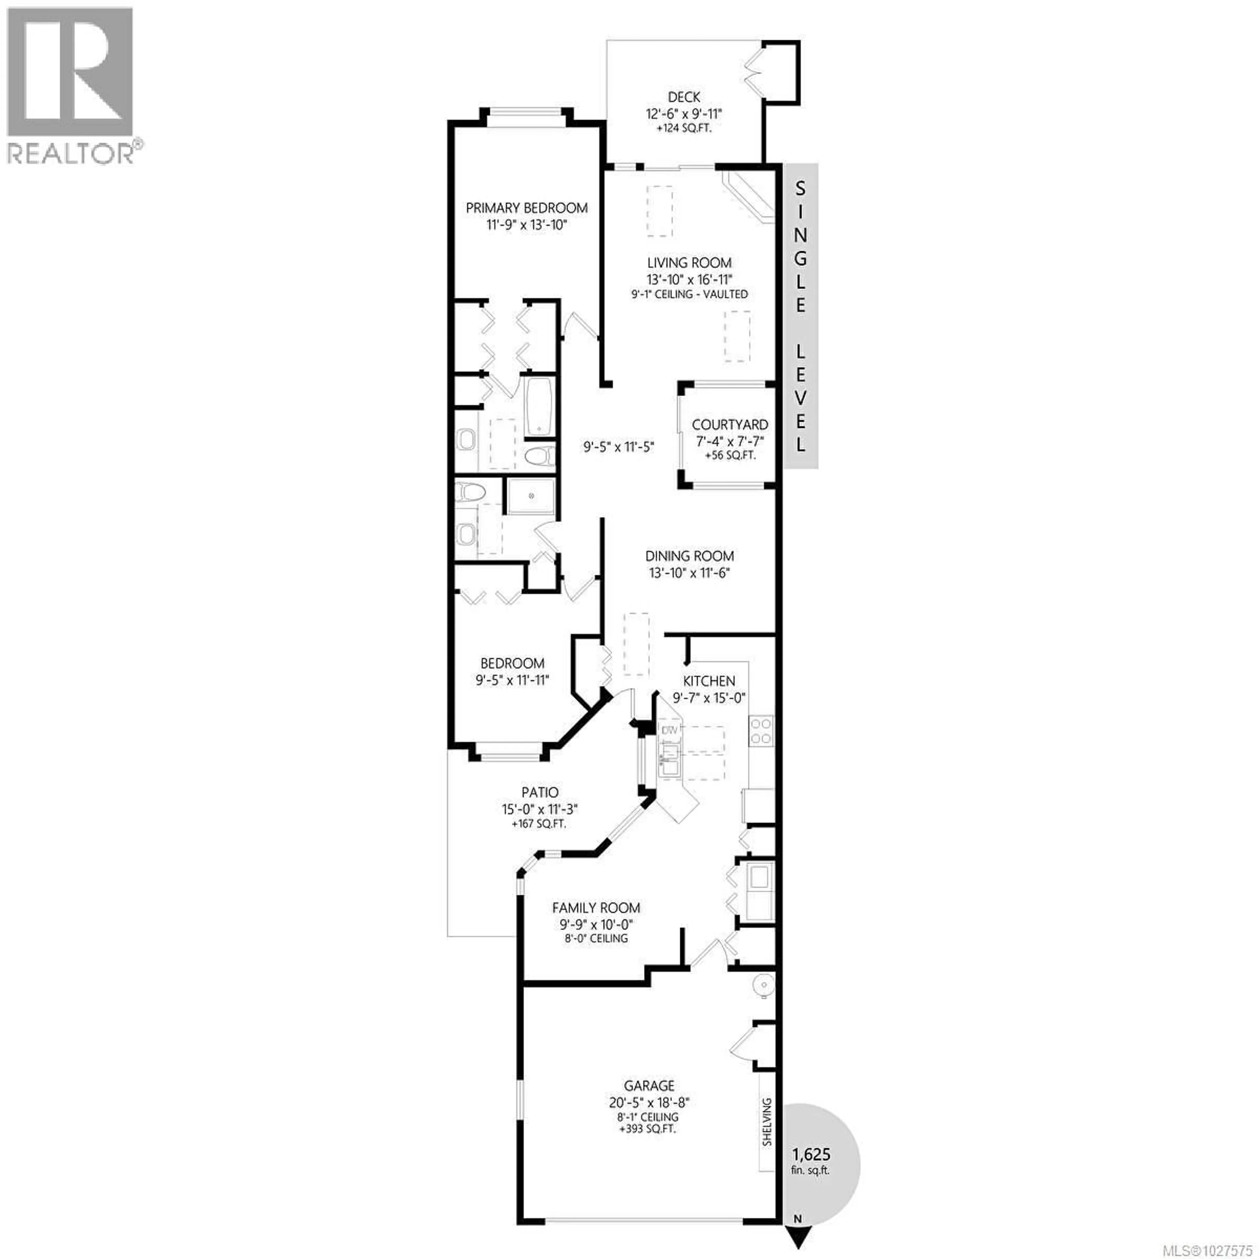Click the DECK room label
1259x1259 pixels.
pos(684,97)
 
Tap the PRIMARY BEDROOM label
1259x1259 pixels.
pos(527,208)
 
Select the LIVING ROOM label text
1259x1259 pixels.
pos(689,263)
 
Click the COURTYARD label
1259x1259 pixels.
pos(730,424)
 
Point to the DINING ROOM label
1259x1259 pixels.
pos(689,556)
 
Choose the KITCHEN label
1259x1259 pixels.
pos(709,681)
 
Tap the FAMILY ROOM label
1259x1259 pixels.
pos(596,907)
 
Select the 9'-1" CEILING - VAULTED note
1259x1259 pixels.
pos(689,294)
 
